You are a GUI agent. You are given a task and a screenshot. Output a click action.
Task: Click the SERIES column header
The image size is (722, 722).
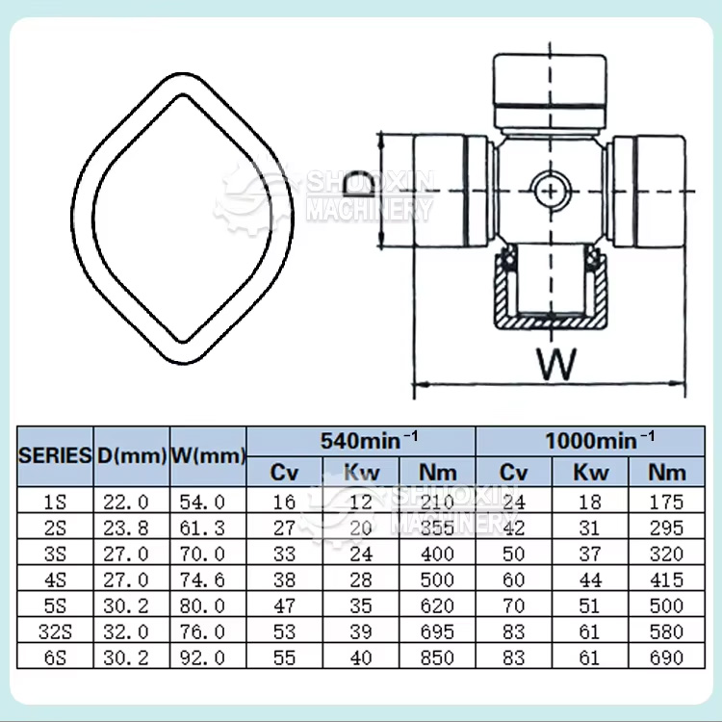(56, 454)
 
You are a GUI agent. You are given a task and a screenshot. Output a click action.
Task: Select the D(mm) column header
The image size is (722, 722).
(131, 454)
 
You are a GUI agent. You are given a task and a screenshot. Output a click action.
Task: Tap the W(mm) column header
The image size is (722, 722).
(209, 454)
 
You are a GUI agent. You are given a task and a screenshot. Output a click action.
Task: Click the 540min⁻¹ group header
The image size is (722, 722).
(361, 440)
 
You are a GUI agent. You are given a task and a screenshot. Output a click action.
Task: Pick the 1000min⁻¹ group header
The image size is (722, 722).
(599, 440)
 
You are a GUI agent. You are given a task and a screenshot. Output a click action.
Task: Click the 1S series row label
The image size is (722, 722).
(56, 502)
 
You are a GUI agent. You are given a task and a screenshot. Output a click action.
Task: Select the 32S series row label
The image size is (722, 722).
(56, 632)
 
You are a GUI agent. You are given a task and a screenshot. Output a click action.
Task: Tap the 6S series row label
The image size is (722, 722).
(56, 658)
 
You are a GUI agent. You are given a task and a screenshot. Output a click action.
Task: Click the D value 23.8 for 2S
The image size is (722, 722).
(131, 528)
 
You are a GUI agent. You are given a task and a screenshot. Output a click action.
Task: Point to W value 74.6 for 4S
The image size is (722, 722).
(209, 580)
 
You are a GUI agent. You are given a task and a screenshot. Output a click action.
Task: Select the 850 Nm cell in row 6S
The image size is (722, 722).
(438, 658)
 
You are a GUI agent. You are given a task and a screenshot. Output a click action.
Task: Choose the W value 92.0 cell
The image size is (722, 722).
(209, 658)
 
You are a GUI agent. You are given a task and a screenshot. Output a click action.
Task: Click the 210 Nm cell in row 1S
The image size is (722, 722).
(438, 502)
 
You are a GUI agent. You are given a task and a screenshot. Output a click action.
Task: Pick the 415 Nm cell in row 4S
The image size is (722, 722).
(666, 580)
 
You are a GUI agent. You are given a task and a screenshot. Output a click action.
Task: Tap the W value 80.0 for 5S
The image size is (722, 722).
(209, 606)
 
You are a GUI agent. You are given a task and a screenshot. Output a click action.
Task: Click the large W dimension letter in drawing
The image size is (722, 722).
(555, 365)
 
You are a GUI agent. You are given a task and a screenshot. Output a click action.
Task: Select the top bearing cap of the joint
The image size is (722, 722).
(550, 87)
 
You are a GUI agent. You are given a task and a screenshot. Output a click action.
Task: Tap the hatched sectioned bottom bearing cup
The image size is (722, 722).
(550, 294)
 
